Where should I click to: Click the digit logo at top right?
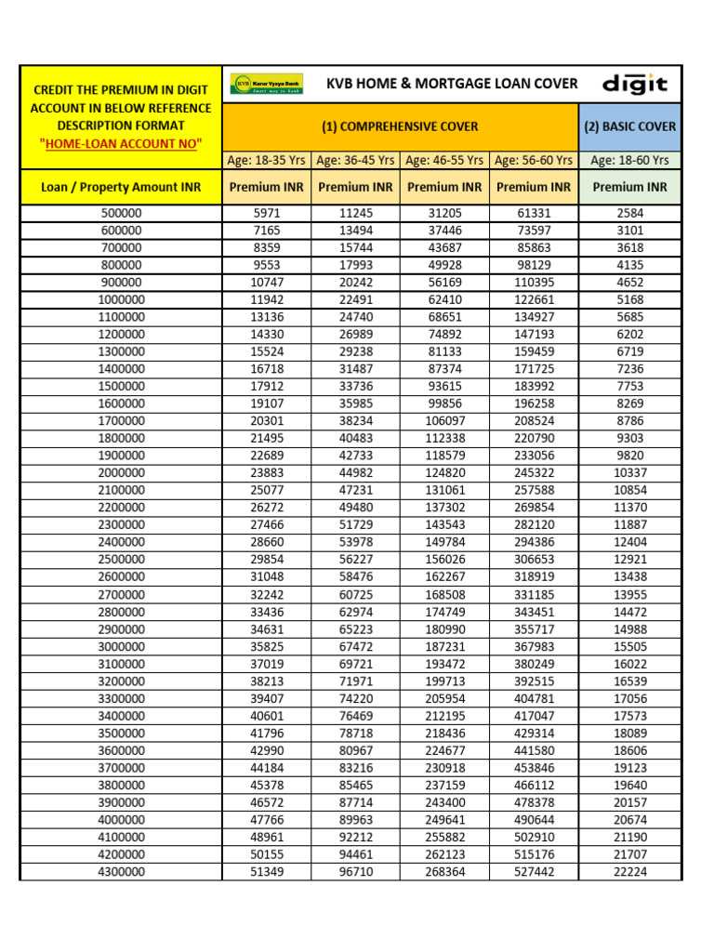pyautogui.click(x=635, y=85)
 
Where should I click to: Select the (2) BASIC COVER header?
pyautogui.click(x=629, y=126)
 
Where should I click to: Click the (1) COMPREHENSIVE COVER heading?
pyautogui.click(x=400, y=126)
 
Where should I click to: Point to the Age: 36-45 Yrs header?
pyautogui.click(x=355, y=160)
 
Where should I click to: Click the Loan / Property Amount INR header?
pyautogui.click(x=122, y=187)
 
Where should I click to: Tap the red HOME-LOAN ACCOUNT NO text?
pyautogui.click(x=121, y=142)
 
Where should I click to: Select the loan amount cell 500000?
pyautogui.click(x=122, y=213)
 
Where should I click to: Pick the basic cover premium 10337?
pyautogui.click(x=629, y=472)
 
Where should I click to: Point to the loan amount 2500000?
pyautogui.click(x=122, y=560)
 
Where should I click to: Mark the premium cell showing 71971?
pyautogui.click(x=355, y=681)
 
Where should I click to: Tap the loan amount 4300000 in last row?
pyautogui.click(x=122, y=872)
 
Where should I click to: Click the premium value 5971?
pyautogui.click(x=266, y=213)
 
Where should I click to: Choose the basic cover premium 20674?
pyautogui.click(x=629, y=820)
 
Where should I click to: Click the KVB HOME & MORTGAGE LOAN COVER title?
pyautogui.click(x=452, y=84)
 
